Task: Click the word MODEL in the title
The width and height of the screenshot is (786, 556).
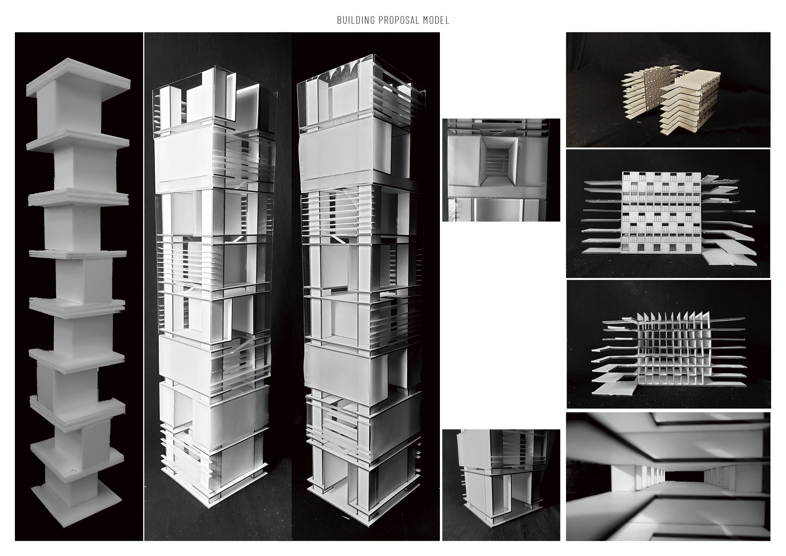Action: [x=436, y=21]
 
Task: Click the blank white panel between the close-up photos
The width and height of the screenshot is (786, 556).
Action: [x=501, y=325]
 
